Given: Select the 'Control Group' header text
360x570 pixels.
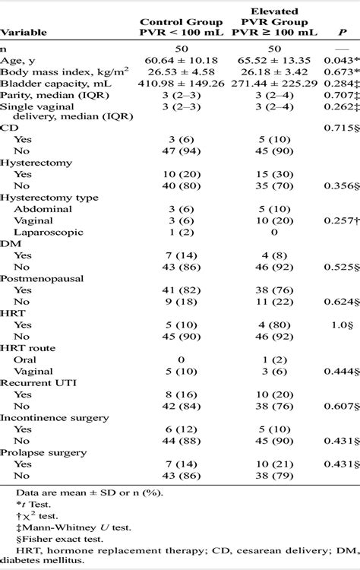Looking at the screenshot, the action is pyautogui.click(x=169, y=22).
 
